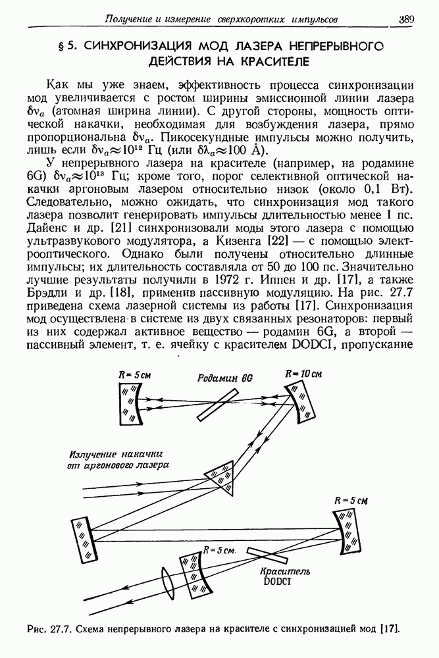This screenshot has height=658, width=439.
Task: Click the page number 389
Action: (x=406, y=20)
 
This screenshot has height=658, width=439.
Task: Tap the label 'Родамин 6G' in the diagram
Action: (x=219, y=379)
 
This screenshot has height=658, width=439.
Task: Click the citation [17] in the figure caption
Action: (x=389, y=630)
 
